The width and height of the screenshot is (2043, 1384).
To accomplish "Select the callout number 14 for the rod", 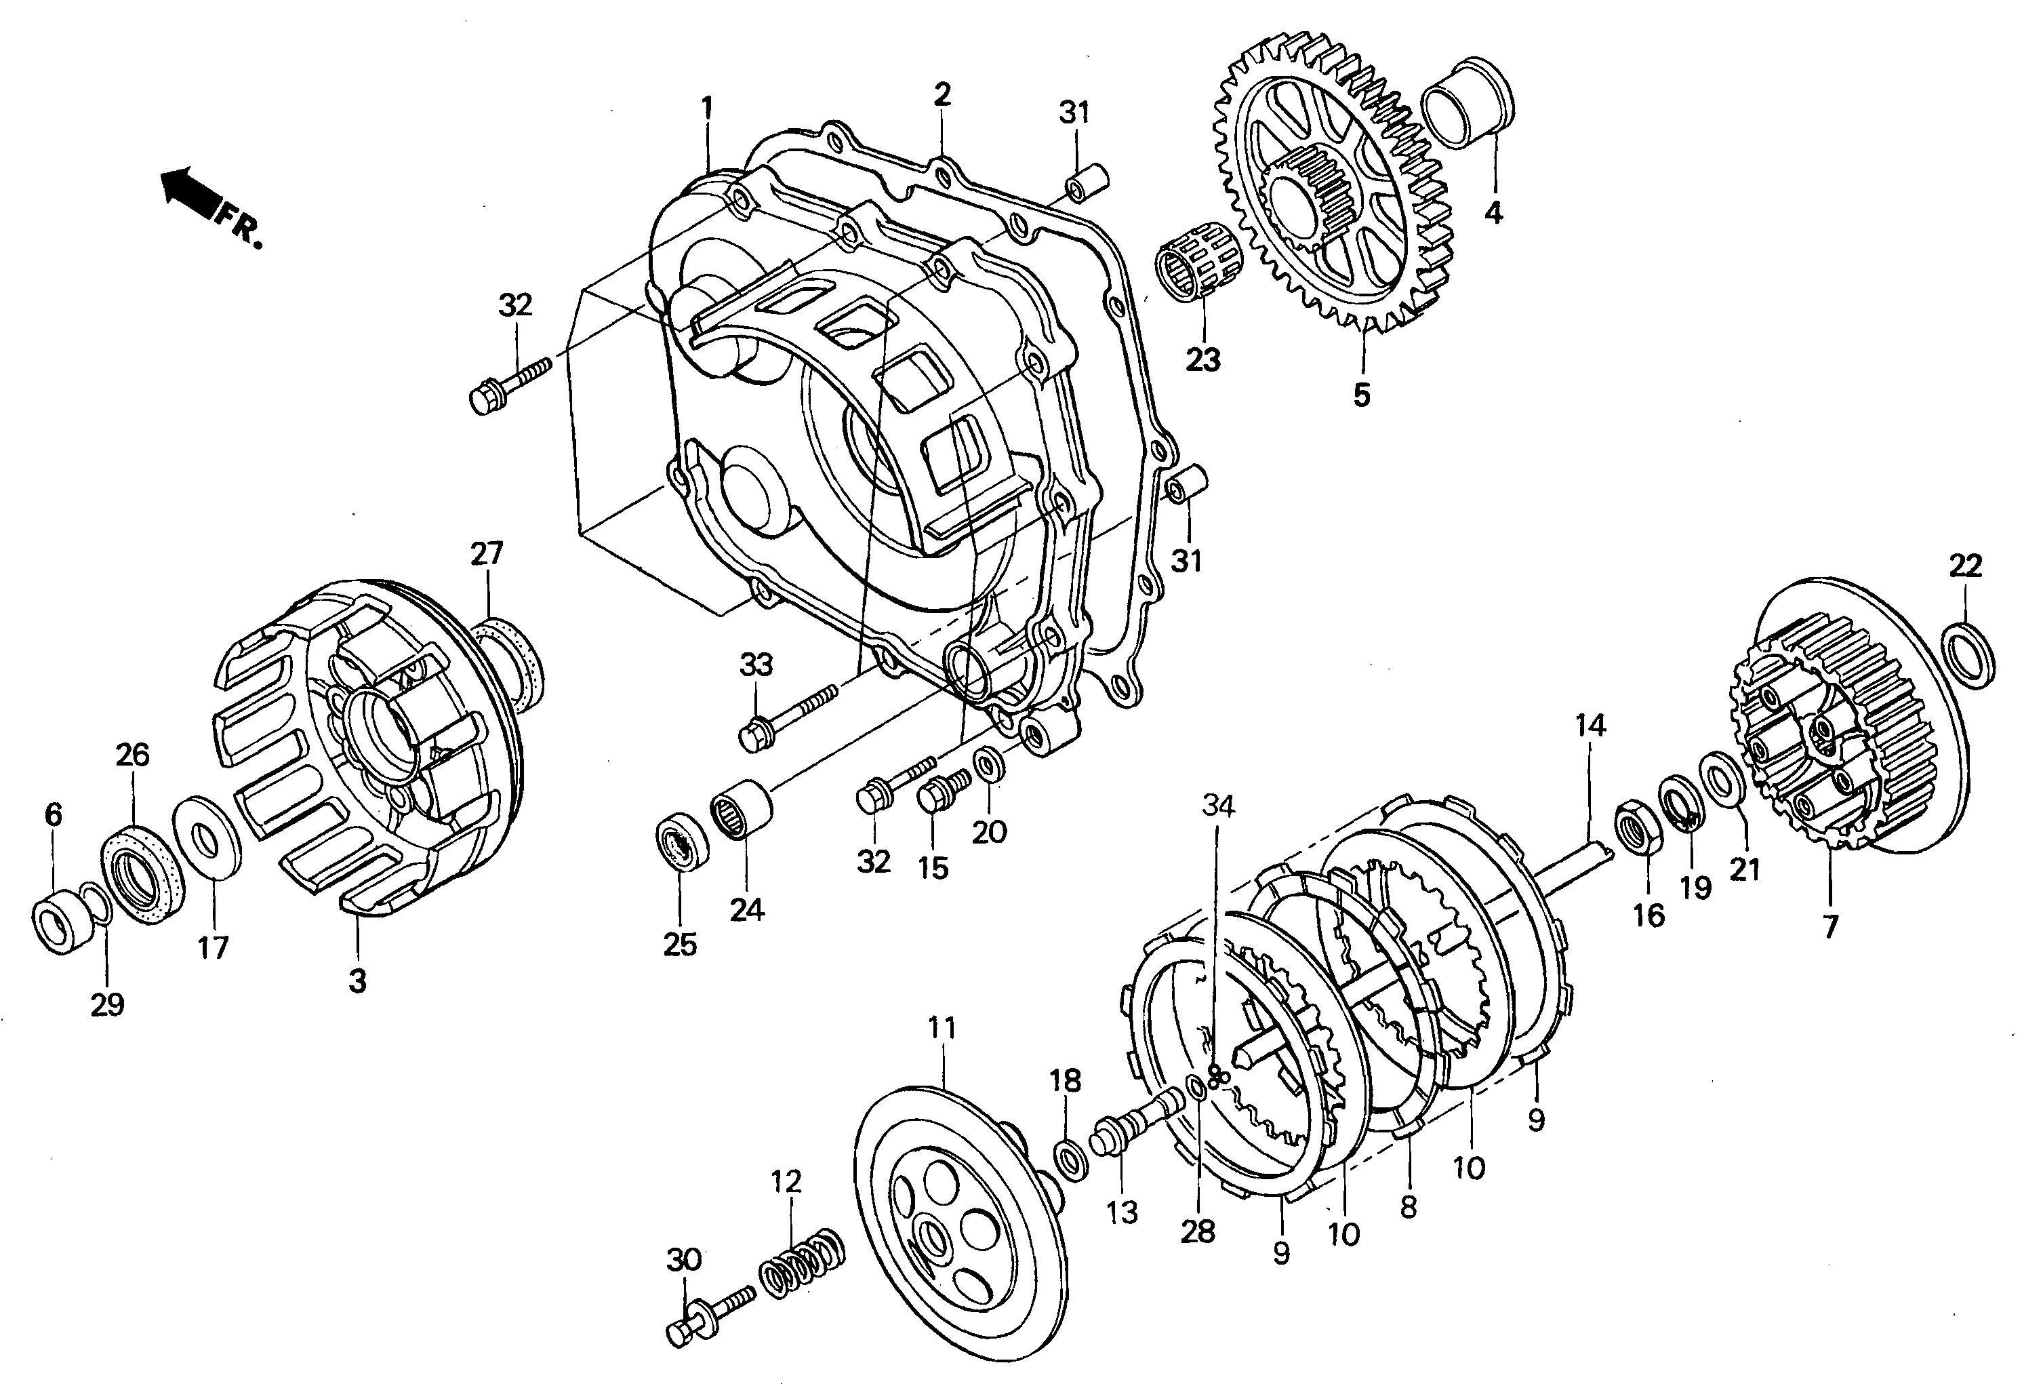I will pyautogui.click(x=1590, y=726).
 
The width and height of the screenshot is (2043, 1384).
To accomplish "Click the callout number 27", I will pyautogui.click(x=486, y=554).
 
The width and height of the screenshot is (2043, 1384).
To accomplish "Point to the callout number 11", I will pyautogui.click(x=942, y=1027).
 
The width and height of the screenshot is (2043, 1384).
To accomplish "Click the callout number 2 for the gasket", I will pyautogui.click(x=942, y=94).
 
